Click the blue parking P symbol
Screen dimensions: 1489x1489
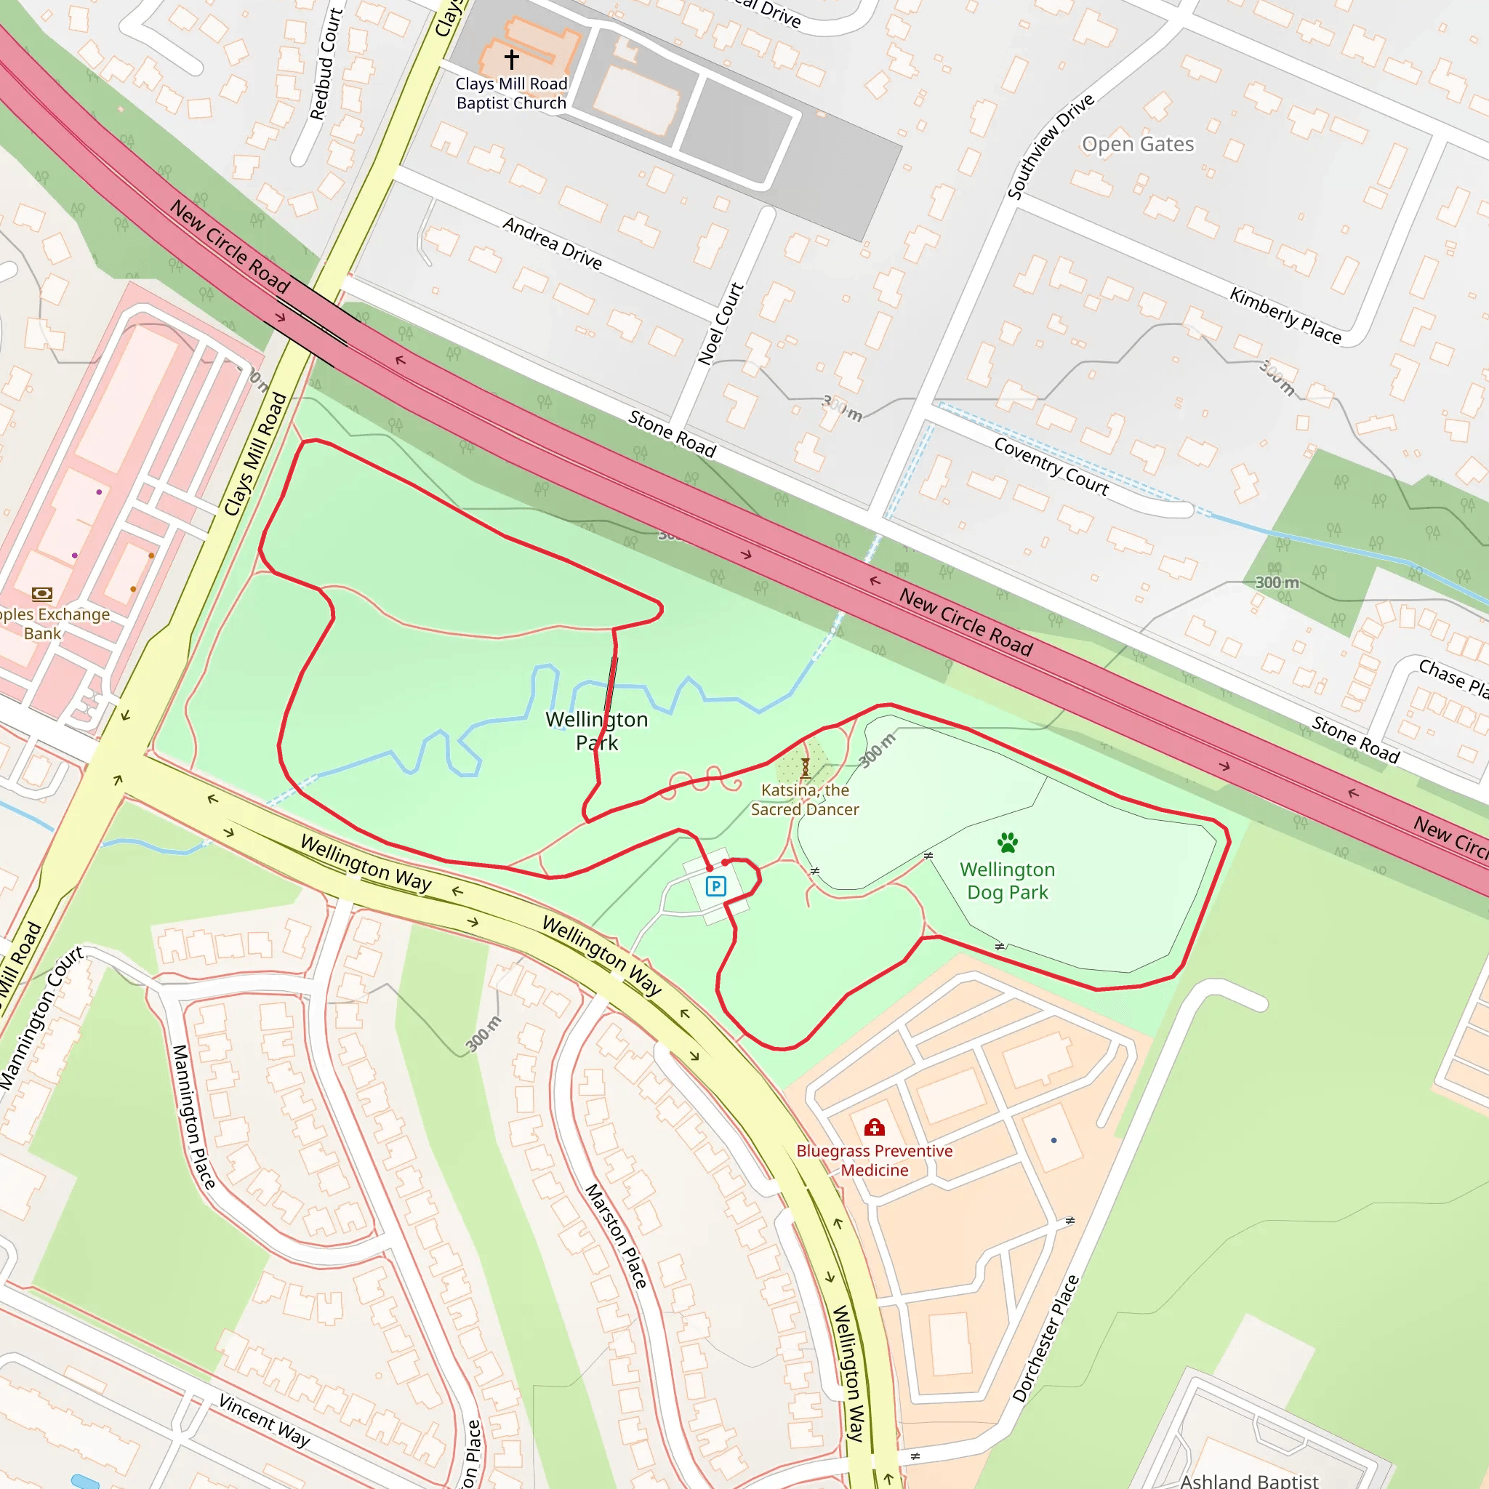pyautogui.click(x=716, y=886)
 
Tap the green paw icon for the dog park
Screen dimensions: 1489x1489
pyautogui.click(x=1007, y=842)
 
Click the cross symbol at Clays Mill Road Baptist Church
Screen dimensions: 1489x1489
pyautogui.click(x=512, y=59)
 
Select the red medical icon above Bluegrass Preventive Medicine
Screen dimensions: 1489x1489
pyautogui.click(x=874, y=1128)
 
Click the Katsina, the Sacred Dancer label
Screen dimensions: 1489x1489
pyautogui.click(x=805, y=799)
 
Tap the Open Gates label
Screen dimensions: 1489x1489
pyautogui.click(x=1138, y=144)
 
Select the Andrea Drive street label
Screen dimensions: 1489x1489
pyautogui.click(x=552, y=243)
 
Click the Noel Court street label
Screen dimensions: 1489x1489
pyautogui.click(x=721, y=324)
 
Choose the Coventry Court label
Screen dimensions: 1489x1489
pyautogui.click(x=1051, y=466)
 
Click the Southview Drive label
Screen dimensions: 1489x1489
pyautogui.click(x=1051, y=146)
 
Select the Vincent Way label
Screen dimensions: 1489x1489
pyautogui.click(x=265, y=1421)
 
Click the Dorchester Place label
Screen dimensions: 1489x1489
pyautogui.click(x=1045, y=1338)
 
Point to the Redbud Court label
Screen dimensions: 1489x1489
pyautogui.click(x=325, y=64)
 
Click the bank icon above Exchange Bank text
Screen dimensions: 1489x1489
pyautogui.click(x=41, y=593)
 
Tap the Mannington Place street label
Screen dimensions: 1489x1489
pyautogui.click(x=193, y=1117)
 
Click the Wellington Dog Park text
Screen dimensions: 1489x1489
pyautogui.click(x=1007, y=881)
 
